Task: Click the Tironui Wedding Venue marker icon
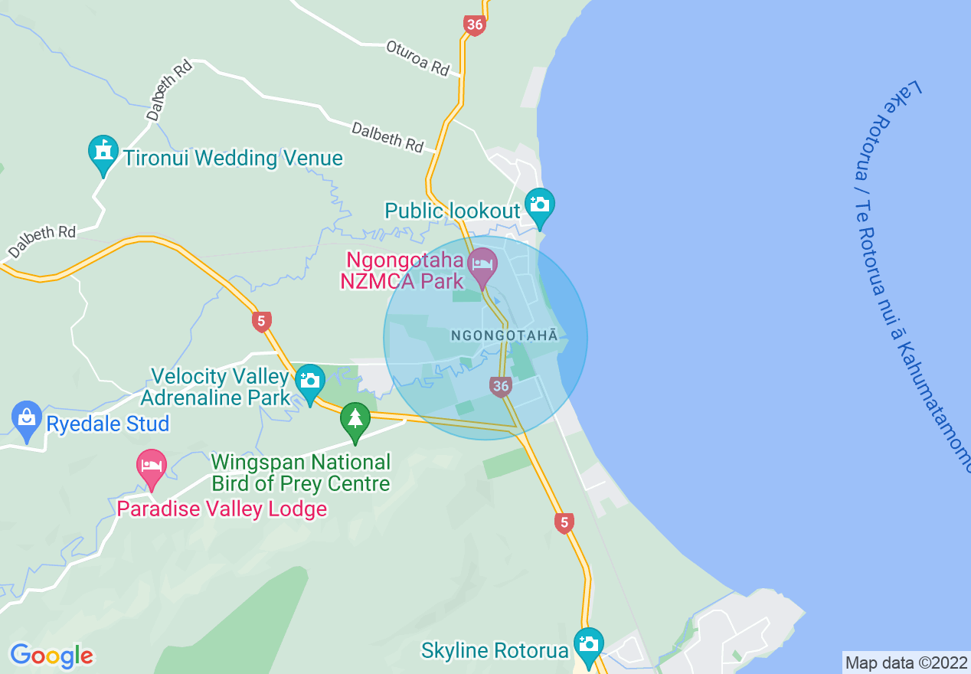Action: (103, 153)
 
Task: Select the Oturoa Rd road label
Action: (417, 58)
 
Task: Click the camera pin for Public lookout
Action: (539, 205)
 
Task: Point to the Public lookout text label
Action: (452, 211)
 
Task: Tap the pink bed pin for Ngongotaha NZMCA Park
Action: (482, 265)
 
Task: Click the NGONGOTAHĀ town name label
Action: (505, 335)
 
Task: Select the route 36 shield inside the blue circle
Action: (500, 386)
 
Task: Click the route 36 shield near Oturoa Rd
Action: (475, 25)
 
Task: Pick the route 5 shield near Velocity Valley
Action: (262, 321)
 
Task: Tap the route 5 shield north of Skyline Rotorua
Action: (564, 523)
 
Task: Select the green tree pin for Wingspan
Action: (355, 420)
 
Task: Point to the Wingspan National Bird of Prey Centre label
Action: (301, 473)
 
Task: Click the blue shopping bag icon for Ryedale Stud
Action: (27, 419)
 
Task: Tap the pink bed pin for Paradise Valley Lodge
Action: (152, 466)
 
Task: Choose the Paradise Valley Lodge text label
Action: (222, 509)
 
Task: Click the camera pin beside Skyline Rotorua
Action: (588, 645)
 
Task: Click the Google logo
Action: (51, 656)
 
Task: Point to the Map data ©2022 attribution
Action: (906, 663)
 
